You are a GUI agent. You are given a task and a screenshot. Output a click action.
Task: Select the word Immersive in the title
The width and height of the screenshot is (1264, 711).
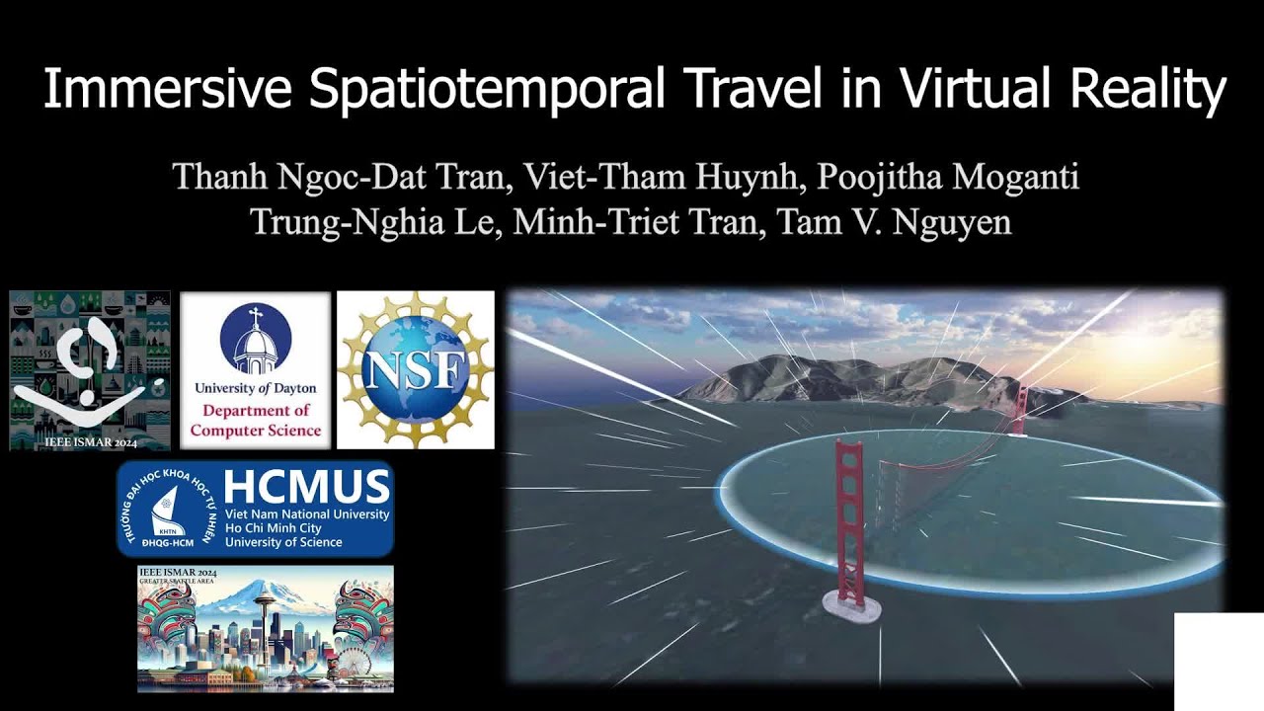(x=167, y=91)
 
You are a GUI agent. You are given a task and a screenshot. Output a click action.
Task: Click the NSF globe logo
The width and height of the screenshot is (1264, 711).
(x=415, y=369)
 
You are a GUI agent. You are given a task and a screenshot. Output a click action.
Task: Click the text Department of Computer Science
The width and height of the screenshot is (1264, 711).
(x=255, y=420)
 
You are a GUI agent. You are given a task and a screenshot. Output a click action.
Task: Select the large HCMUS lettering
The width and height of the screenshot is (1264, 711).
(x=306, y=487)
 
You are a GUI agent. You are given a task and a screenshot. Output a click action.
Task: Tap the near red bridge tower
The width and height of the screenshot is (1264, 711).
(x=849, y=518)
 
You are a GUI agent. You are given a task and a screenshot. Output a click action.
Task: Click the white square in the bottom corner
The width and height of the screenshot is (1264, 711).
(x=1219, y=661)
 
